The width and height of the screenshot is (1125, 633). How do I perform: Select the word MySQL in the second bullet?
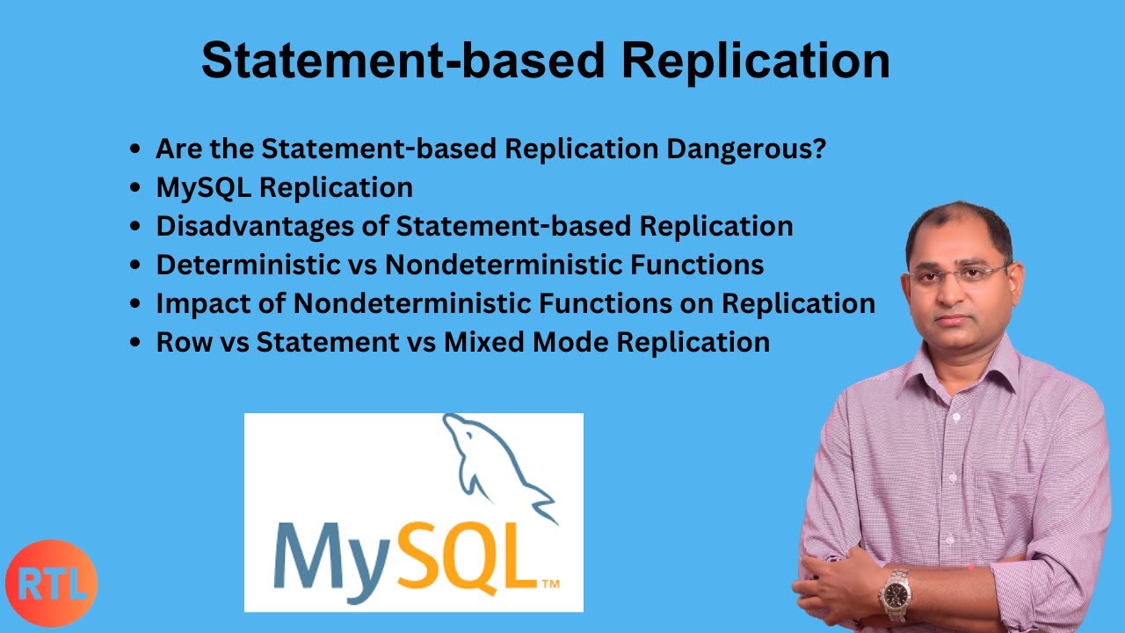(203, 187)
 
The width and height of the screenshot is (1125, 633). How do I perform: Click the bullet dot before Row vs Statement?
(134, 343)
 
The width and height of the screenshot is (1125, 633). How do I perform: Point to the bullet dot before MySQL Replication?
(134, 188)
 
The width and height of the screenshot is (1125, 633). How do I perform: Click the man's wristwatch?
(896, 593)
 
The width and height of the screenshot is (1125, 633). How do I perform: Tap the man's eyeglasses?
(958, 274)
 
